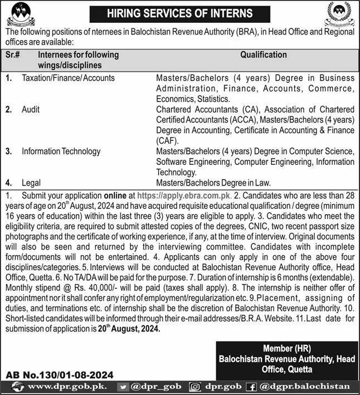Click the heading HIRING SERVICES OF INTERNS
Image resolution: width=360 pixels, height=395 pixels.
coord(181,13)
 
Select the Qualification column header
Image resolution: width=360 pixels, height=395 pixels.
coord(264,55)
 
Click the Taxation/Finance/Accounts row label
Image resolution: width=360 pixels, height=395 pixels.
coord(68,78)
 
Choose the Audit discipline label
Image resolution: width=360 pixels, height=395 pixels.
coord(31,109)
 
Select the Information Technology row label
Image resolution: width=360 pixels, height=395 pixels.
coord(61,151)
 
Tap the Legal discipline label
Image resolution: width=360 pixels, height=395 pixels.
coord(32,182)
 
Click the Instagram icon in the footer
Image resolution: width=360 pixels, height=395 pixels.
coord(195,386)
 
